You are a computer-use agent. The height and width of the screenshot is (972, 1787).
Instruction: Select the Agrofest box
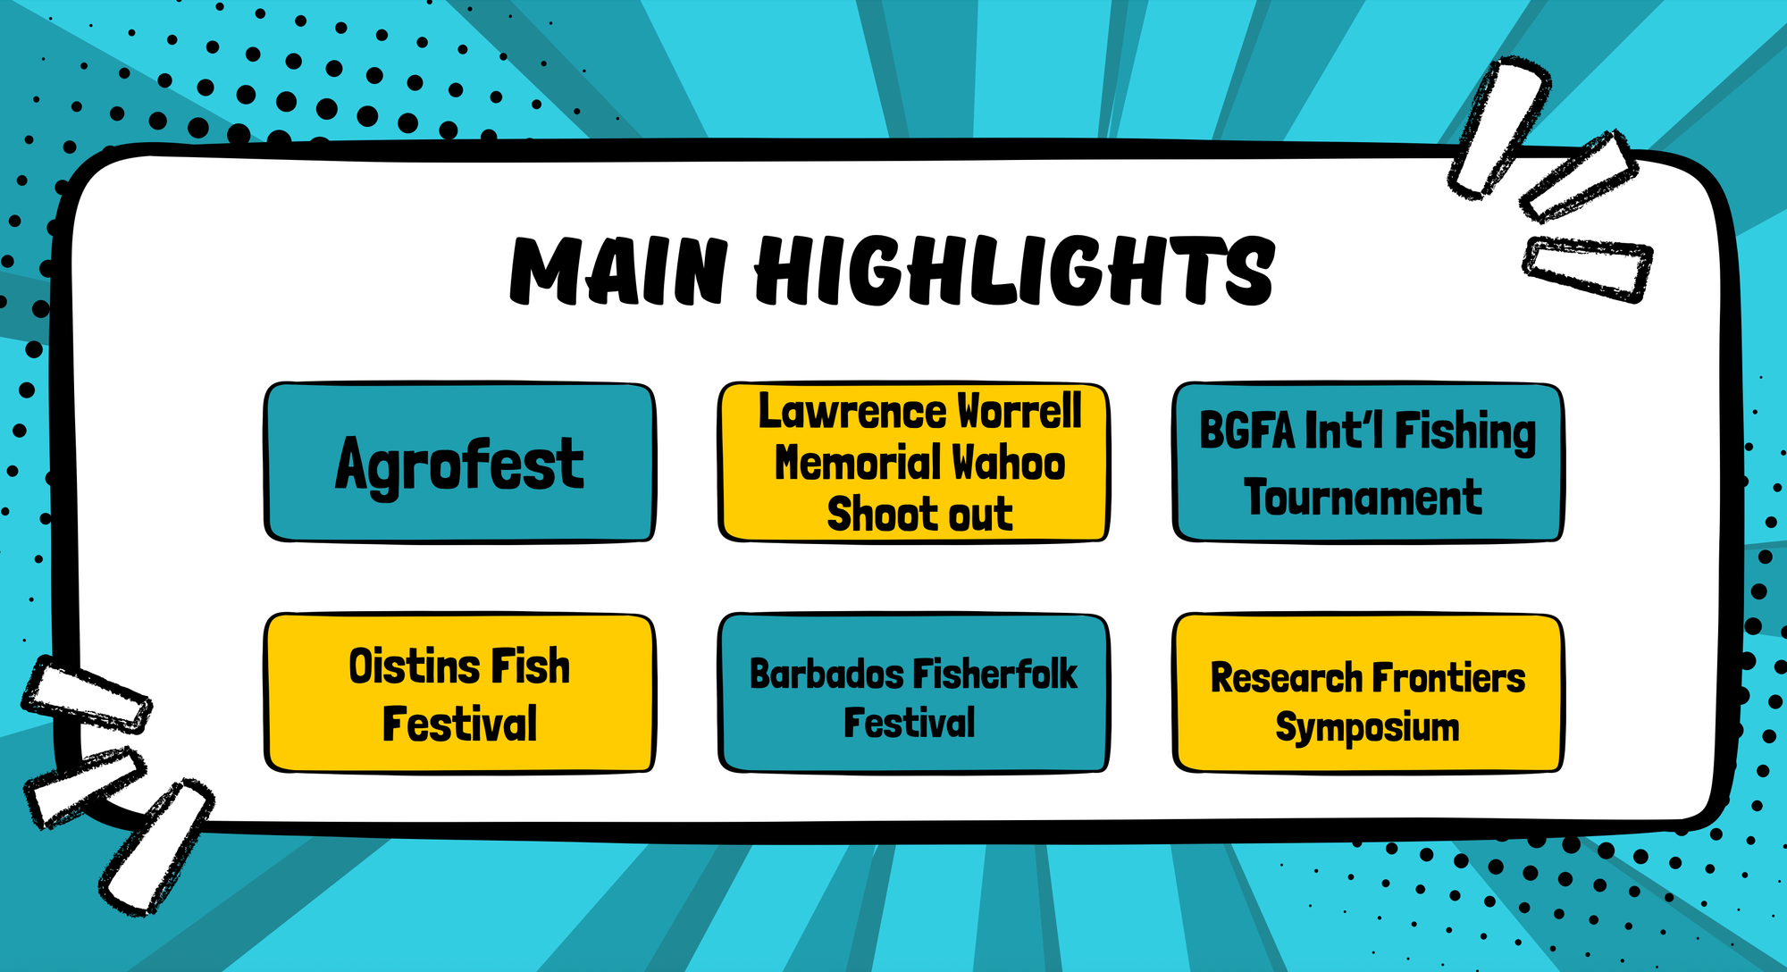coord(459,463)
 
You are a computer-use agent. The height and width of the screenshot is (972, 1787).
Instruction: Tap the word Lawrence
coord(852,412)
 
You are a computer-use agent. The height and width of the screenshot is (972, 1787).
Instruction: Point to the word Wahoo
coord(1008,463)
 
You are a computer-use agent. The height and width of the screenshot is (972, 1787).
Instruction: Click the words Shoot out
coord(919,514)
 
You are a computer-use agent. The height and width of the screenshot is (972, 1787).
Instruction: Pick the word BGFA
coord(1246,431)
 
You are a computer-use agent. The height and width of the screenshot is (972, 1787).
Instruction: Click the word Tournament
coord(1363,498)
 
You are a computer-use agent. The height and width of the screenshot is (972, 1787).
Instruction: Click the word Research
coord(1286,678)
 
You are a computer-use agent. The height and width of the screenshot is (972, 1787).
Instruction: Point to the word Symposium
coord(1367,728)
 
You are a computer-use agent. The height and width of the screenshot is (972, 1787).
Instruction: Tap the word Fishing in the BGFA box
coord(1465,432)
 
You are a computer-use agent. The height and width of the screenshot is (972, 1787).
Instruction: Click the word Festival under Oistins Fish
coord(459,724)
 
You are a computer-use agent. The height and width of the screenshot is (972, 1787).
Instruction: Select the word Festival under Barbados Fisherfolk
coord(910,723)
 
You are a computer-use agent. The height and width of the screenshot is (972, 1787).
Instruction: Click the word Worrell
coord(1019,412)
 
